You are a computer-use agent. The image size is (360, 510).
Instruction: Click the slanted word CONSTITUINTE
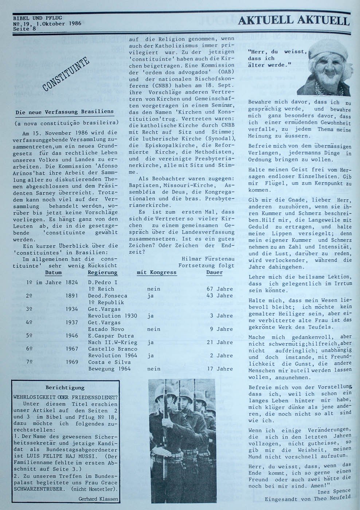tap(67, 75)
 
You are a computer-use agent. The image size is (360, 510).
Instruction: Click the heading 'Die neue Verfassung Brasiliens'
tap(64, 112)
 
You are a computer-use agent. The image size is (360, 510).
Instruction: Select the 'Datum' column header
tap(53, 272)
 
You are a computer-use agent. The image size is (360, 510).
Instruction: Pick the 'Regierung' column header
tap(103, 272)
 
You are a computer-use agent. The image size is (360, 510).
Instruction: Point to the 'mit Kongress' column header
tap(156, 272)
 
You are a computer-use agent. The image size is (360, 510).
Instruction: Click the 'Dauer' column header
tap(214, 272)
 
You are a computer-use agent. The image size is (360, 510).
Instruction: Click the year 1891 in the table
tap(72, 296)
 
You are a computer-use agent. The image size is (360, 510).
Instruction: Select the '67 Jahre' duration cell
tap(220, 289)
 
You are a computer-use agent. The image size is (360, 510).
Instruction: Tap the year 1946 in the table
tap(72, 336)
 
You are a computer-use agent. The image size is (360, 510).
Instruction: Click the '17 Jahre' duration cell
tap(220, 369)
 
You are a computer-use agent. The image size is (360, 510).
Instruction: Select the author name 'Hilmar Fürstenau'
tap(207, 259)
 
